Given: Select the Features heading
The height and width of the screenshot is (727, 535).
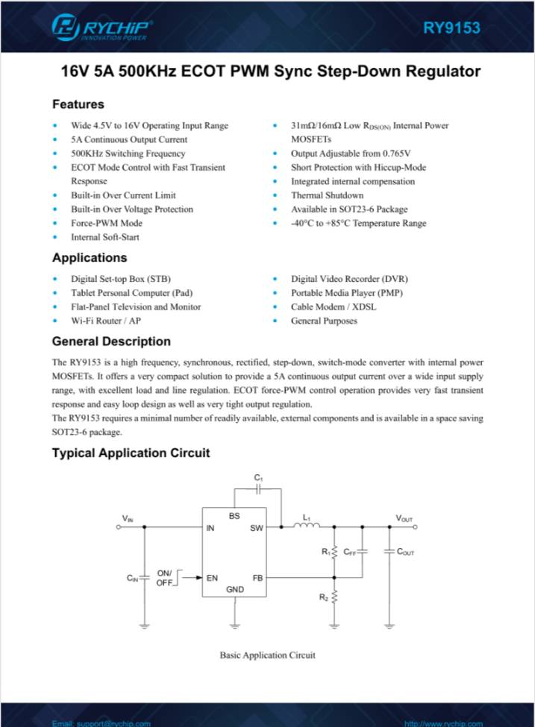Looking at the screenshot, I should tap(78, 104).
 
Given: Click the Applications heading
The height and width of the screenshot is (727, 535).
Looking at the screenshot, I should tap(90, 258).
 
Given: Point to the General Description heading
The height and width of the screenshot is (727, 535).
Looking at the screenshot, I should tap(111, 342).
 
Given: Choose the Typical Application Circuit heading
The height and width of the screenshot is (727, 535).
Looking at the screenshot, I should tap(131, 453).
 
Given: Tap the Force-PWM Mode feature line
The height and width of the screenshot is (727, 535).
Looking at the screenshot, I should tap(106, 223).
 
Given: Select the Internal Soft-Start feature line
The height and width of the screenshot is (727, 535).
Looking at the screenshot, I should tap(104, 237).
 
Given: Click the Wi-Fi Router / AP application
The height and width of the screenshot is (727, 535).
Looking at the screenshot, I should tap(105, 321).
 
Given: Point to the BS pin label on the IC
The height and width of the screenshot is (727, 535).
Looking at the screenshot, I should tap(234, 515).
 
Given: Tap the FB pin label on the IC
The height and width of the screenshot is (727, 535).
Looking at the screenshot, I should tap(257, 577).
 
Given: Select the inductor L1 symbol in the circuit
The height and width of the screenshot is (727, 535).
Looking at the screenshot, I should tap(307, 525).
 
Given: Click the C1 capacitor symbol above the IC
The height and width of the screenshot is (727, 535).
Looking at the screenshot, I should tap(258, 489).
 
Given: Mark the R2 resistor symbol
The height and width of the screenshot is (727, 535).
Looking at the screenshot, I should tap(334, 597).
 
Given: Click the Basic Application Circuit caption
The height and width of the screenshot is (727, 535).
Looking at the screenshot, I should tap(267, 655).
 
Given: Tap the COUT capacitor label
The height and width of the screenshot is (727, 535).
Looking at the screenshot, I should tap(406, 552).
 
